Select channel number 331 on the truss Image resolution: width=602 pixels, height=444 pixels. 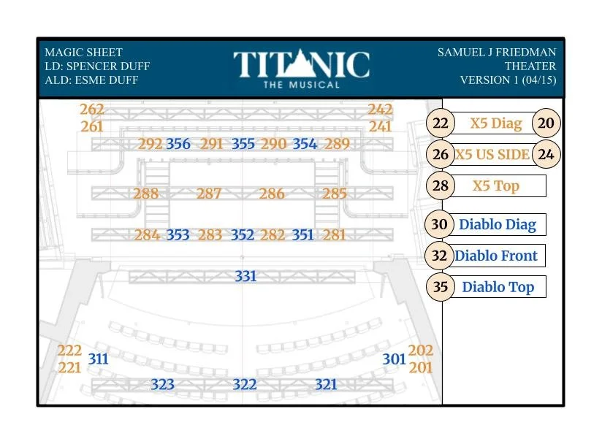click(x=245, y=277)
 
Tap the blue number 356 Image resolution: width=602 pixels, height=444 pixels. click(x=178, y=144)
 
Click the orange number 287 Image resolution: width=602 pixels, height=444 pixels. click(x=209, y=194)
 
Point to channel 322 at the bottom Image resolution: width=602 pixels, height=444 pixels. click(x=245, y=384)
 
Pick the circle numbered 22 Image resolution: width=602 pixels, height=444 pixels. click(x=440, y=123)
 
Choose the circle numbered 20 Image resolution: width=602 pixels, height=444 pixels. click(x=546, y=123)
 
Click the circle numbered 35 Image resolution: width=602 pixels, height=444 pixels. click(x=440, y=287)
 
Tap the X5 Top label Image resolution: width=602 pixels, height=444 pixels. click(x=496, y=185)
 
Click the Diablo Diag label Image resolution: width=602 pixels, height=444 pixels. click(x=498, y=224)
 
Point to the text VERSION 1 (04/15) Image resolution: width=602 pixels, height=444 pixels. click(x=508, y=80)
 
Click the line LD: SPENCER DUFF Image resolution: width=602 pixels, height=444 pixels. click(x=97, y=66)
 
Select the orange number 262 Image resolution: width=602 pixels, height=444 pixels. click(x=92, y=110)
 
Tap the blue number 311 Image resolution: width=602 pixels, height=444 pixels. click(x=98, y=359)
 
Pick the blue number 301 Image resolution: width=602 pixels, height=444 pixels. click(x=394, y=359)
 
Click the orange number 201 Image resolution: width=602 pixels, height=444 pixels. click(x=421, y=367)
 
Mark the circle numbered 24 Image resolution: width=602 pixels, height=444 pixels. click(x=546, y=154)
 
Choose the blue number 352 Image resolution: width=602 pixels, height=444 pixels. click(x=243, y=235)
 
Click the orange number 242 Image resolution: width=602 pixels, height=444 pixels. click(x=380, y=110)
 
